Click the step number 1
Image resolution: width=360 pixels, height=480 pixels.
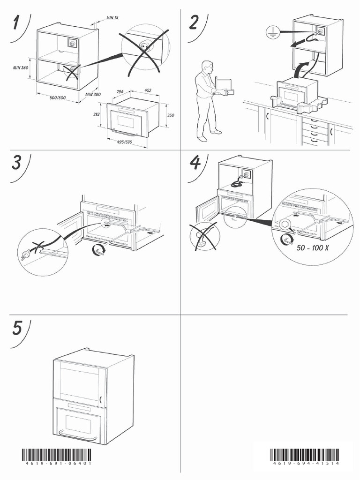17,22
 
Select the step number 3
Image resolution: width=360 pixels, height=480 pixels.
16,163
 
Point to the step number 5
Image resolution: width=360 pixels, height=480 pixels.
17,328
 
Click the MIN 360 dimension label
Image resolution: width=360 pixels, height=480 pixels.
21,68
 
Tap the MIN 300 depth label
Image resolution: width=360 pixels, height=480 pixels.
94,94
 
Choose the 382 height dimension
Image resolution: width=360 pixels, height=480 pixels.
97,114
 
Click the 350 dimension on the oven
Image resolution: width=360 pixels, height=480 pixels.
171,115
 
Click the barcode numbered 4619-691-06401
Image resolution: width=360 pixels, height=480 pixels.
57,457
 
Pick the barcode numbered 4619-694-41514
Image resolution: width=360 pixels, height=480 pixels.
304,457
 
